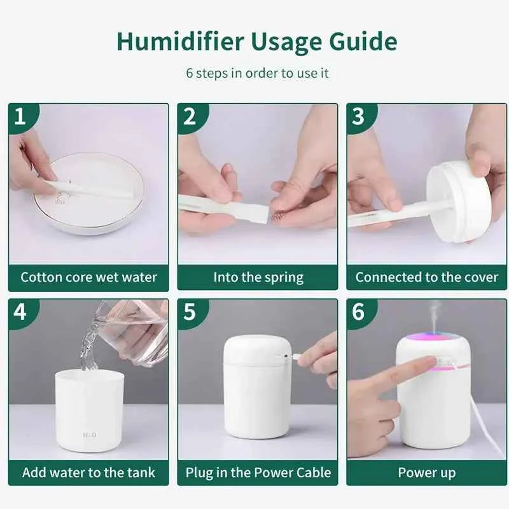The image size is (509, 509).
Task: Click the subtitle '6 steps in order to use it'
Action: [257, 73]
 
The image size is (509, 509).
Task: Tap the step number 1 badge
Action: [20, 116]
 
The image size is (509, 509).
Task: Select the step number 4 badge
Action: [20, 312]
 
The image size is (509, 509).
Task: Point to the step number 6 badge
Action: [358, 312]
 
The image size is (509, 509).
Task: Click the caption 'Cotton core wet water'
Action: [88, 277]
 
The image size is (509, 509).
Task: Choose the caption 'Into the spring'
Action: [258, 277]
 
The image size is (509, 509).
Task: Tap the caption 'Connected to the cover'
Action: [427, 277]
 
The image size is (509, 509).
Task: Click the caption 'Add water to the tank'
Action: [88, 473]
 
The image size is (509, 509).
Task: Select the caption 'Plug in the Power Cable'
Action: [258, 473]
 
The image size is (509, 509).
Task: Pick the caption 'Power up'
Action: [427, 473]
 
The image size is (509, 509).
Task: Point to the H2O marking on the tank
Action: [89, 436]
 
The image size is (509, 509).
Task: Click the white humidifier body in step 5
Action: [254, 394]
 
